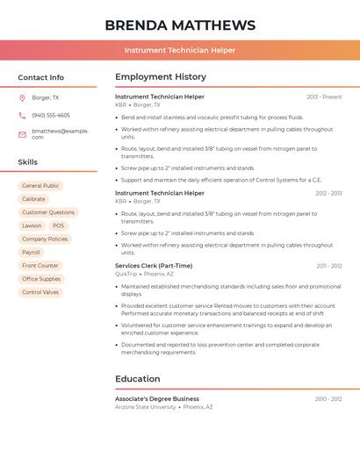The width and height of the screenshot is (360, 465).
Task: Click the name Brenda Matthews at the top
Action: coord(180,25)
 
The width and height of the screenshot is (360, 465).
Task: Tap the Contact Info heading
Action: coord(41,77)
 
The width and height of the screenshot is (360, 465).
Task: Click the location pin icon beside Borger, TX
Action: coord(22,97)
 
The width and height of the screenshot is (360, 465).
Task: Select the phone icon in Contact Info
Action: coord(22,115)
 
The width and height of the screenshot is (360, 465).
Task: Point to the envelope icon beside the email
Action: coord(22,133)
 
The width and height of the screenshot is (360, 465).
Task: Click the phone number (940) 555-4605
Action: coord(51,115)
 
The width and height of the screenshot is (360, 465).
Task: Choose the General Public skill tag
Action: coord(40,186)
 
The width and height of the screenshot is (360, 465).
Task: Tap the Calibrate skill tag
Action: coord(33,199)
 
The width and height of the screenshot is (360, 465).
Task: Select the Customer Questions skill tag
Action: coord(48,212)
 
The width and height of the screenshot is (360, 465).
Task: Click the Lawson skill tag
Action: coord(32,225)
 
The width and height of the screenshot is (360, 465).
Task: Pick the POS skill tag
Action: coord(58,225)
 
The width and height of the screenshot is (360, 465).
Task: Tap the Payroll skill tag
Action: coord(31,252)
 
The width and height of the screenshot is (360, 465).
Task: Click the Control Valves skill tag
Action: coord(40,292)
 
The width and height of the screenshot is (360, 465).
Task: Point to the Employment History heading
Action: coord(161,77)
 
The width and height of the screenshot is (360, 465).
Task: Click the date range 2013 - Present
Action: coord(324,97)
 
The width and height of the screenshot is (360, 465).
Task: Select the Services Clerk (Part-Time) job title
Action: coord(154,265)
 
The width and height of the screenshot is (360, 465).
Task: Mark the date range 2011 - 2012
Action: coord(329,265)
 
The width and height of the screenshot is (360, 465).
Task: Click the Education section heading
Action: coord(138,379)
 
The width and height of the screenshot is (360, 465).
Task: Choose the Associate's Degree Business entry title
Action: coord(157,398)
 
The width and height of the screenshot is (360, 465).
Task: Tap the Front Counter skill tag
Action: coord(40,265)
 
